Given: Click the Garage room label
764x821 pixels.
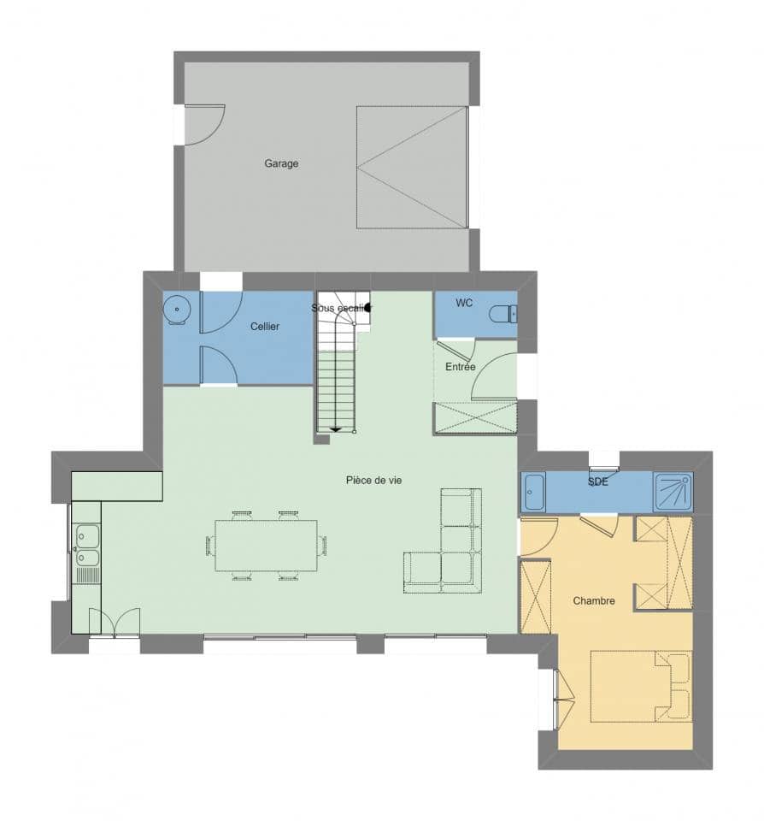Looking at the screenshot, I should pyautogui.click(x=281, y=163).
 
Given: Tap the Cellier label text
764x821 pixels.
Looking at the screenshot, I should pyautogui.click(x=265, y=327).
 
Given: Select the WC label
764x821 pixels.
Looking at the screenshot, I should pyautogui.click(x=464, y=303).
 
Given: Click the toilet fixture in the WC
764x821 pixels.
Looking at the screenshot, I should pyautogui.click(x=503, y=315).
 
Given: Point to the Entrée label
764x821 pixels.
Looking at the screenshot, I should pyautogui.click(x=460, y=367).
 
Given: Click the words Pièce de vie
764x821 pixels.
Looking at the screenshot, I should pyautogui.click(x=373, y=481).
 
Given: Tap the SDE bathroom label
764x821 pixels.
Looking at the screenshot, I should pyautogui.click(x=597, y=482).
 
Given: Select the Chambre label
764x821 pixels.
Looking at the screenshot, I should pyautogui.click(x=594, y=601).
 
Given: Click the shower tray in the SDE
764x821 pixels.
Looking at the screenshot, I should pyautogui.click(x=673, y=493).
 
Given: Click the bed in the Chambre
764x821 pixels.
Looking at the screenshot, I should pyautogui.click(x=641, y=686).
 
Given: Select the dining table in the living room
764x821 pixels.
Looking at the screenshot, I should pyautogui.click(x=266, y=546).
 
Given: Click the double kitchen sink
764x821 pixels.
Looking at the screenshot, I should pyautogui.click(x=86, y=547).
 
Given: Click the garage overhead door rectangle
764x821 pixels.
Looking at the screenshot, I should pyautogui.click(x=412, y=168).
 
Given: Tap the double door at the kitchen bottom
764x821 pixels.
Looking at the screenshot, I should pyautogui.click(x=115, y=622).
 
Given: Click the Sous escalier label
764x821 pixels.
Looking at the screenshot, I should pyautogui.click(x=338, y=308).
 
